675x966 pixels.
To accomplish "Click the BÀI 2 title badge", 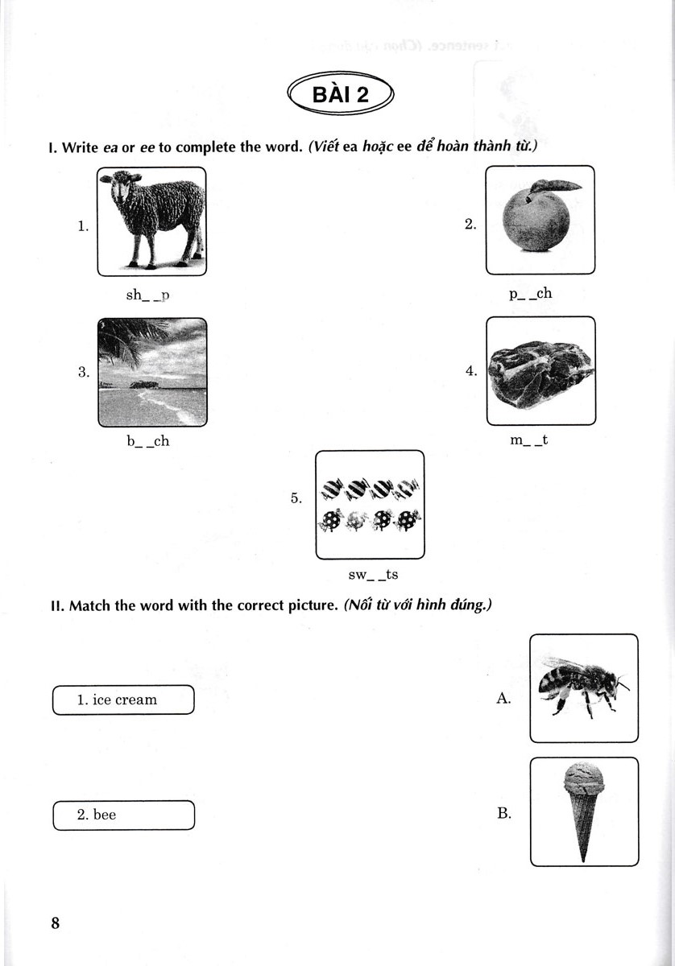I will point(339,95).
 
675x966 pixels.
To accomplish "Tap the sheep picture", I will point(151,221).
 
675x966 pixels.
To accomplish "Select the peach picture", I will point(540,220).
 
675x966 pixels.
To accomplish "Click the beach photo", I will point(151,372).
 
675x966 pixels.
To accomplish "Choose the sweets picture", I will point(369,505).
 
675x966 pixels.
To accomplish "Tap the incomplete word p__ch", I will point(530,293).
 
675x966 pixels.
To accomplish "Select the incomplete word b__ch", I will point(147,441).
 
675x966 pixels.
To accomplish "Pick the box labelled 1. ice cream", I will point(123,700).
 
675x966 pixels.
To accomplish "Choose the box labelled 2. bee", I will point(123,815).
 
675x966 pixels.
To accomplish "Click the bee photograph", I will point(583,687).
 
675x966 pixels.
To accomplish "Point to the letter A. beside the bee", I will point(504,699).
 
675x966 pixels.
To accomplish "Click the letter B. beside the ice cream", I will point(504,814).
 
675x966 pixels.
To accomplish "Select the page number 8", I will point(56,923).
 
